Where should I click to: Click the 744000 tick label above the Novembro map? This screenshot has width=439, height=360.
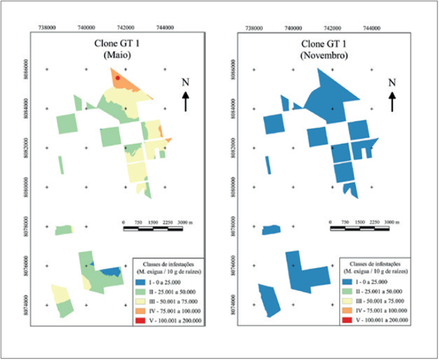(x=371, y=30)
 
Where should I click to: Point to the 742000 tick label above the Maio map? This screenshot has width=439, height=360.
(x=125, y=30)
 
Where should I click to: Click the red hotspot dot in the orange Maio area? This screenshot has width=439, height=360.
(x=118, y=78)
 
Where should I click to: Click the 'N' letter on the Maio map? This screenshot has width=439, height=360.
(x=186, y=82)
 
